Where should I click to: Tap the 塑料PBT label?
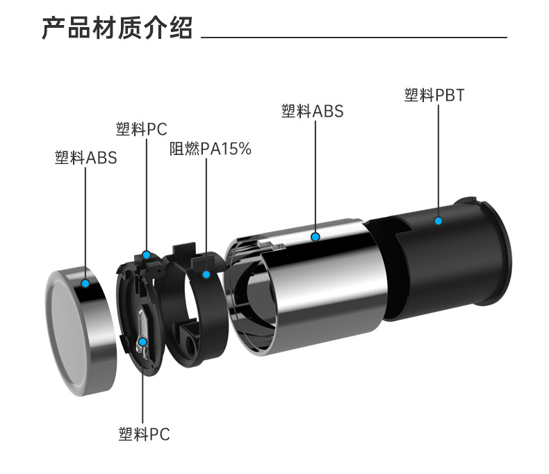[x=434, y=95]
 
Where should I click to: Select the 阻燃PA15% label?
[x=210, y=149]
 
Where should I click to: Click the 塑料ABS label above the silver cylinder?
[x=312, y=111]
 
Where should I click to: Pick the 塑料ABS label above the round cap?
[x=85, y=158]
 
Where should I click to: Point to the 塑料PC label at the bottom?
[x=143, y=435]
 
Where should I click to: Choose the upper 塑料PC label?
[x=142, y=129]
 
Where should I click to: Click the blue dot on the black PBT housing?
[x=439, y=221]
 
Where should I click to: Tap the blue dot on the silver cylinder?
[x=315, y=237]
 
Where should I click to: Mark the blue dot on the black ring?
[x=206, y=275]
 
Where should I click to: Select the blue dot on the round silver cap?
[x=85, y=283]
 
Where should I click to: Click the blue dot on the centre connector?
[x=142, y=342]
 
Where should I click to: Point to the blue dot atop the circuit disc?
[x=146, y=254]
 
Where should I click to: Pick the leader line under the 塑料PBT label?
[x=439, y=160]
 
